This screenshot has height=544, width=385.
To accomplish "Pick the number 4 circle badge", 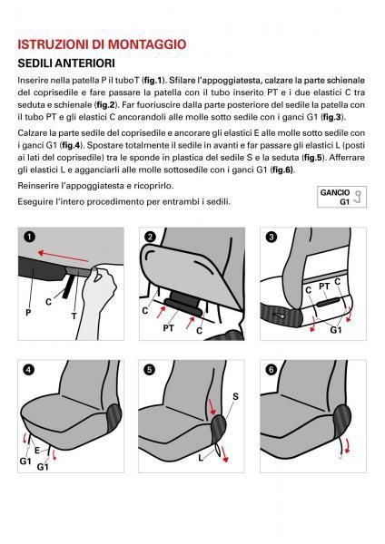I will (29, 370).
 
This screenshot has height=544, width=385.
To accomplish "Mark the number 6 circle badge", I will (270, 370).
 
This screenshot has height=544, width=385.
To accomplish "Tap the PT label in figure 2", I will (168, 328).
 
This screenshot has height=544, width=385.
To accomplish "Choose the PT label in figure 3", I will (322, 287).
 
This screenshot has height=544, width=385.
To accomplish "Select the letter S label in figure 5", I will (235, 396).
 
